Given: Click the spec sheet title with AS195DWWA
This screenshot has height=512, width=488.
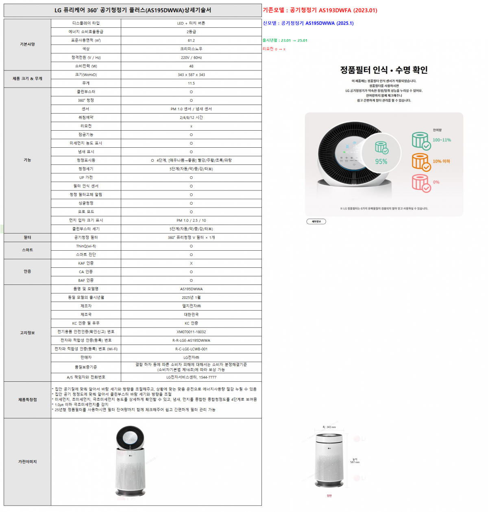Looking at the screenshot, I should [x=133, y=10].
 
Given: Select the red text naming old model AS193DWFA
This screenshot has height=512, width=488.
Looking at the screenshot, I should [x=320, y=10].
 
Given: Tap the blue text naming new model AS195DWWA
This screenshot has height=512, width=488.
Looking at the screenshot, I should [x=308, y=23].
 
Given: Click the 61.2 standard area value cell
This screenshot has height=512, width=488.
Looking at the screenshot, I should [x=191, y=40].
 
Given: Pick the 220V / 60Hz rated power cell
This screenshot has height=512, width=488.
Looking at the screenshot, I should [x=191, y=57].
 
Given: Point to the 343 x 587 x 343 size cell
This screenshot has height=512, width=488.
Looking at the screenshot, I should [x=191, y=74].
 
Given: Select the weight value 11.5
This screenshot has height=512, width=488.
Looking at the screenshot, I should [x=191, y=83].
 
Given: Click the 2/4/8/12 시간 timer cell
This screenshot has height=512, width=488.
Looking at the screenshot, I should [x=191, y=117].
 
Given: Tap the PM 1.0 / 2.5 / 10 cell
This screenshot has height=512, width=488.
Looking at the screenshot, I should [x=191, y=220].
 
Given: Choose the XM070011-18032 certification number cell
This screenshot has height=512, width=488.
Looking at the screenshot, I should [x=191, y=332].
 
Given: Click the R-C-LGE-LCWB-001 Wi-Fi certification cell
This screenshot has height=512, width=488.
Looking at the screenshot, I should [x=191, y=349].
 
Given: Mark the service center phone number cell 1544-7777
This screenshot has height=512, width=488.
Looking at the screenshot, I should [x=191, y=377].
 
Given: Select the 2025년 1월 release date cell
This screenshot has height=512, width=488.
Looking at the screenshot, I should [x=191, y=298].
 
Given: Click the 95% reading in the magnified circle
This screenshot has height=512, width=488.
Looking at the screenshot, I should [x=381, y=162].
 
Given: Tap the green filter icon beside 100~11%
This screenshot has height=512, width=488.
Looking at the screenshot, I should [x=421, y=140].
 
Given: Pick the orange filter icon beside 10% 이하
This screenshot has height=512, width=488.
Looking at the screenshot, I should [x=421, y=162].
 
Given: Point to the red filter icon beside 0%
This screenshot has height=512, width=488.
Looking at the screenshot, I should [x=421, y=183].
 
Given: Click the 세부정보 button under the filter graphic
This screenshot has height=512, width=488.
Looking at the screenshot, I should [x=316, y=221].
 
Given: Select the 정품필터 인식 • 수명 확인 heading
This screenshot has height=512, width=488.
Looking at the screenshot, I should [x=384, y=70].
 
